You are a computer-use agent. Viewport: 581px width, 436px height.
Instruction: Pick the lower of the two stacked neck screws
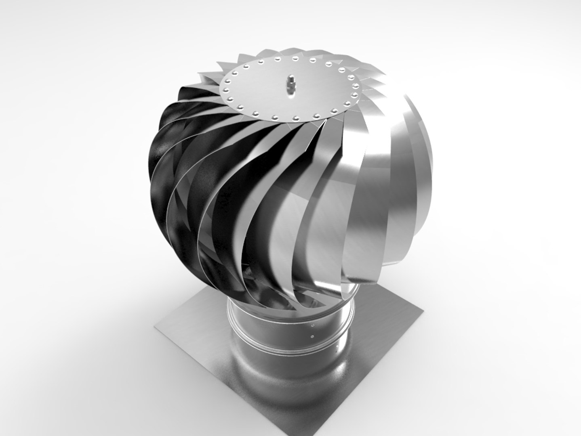click(312, 335)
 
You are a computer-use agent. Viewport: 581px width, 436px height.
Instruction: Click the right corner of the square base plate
click(423, 311)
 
